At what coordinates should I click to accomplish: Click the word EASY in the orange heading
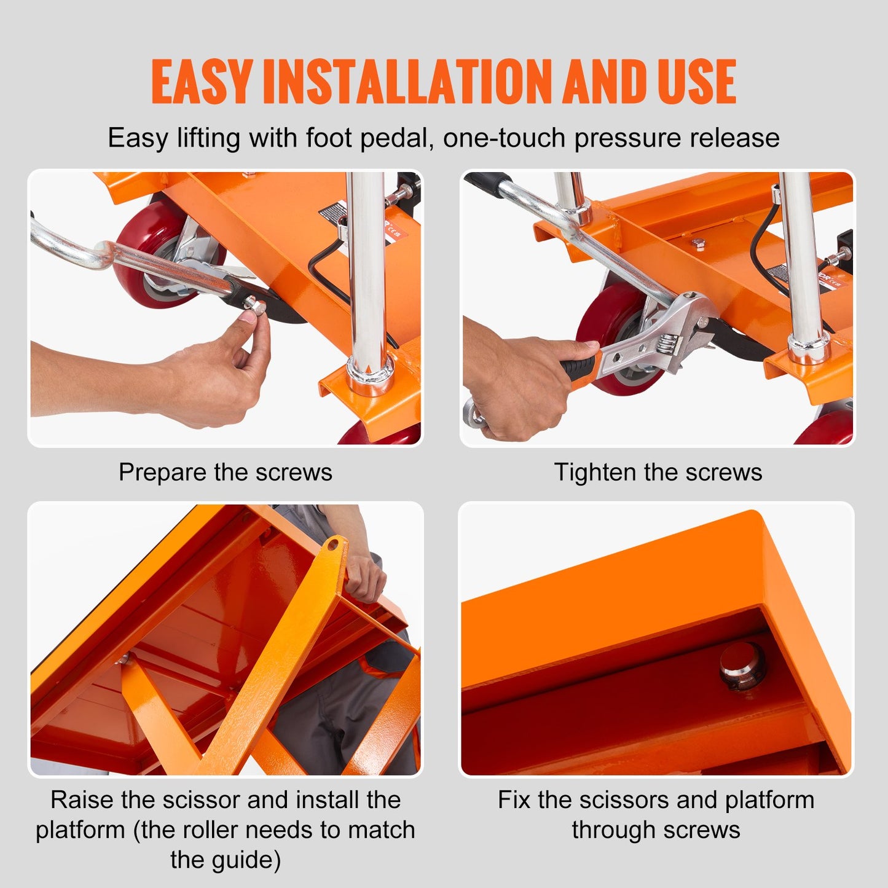pos(202,82)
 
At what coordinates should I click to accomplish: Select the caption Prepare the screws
pos(226,472)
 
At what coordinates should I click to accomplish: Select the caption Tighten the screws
pos(658,472)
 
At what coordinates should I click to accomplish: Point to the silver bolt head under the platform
pos(741,667)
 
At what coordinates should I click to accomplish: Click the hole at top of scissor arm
pos(334,544)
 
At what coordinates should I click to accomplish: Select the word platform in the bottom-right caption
pos(769,800)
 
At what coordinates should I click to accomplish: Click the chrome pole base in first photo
pos(371,373)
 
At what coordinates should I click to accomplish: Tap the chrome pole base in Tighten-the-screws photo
pos(809,347)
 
